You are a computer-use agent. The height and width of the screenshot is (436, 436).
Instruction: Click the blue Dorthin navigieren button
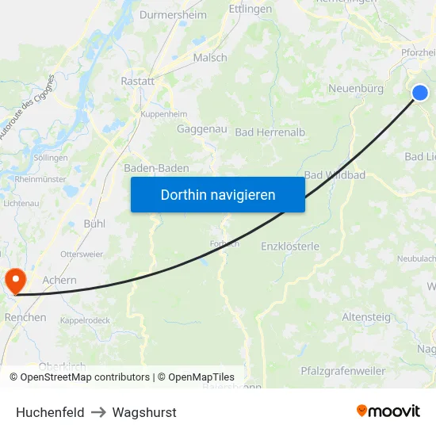(x=217, y=194)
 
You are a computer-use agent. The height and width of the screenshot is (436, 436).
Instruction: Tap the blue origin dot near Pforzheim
(x=419, y=93)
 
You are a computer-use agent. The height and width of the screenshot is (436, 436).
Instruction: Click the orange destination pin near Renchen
(x=15, y=281)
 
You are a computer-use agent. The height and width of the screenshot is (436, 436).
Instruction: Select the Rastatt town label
(x=137, y=81)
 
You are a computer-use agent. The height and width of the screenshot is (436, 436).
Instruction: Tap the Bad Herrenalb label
(x=270, y=132)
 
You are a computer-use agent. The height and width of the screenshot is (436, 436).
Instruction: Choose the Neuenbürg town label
(x=356, y=88)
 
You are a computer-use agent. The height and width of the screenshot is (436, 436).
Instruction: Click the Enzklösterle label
(x=290, y=247)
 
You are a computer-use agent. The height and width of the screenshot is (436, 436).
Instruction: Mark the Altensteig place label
(x=366, y=317)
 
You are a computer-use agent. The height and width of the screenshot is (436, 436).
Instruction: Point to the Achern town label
(x=59, y=280)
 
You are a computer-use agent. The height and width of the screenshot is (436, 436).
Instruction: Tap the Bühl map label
(x=94, y=224)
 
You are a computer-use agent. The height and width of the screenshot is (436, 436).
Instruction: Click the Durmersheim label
(x=173, y=14)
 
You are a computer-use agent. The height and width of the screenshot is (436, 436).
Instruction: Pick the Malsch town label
(x=210, y=57)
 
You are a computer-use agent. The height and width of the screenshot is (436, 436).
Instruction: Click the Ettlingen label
(x=250, y=10)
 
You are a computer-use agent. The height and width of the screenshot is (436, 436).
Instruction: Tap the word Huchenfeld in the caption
(x=50, y=412)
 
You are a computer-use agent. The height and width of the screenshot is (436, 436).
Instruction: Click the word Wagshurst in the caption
(x=144, y=412)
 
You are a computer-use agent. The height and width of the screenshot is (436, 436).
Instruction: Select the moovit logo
(x=388, y=411)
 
